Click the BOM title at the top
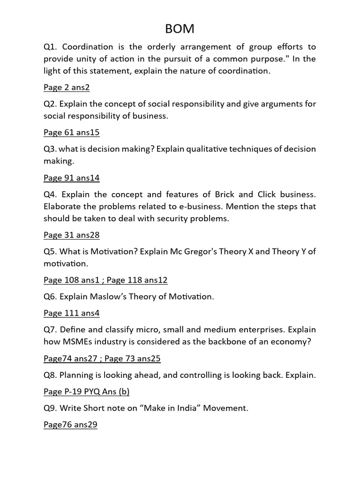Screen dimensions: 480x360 pyautogui.click(x=180, y=29)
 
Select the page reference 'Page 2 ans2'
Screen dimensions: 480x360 pyautogui.click(x=67, y=87)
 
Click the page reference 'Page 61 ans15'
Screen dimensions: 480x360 pyautogui.click(x=72, y=133)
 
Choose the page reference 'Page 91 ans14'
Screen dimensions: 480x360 pyautogui.click(x=72, y=178)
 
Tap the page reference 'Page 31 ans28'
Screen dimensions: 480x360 pyautogui.click(x=72, y=235)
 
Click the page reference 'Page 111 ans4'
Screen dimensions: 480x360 pyautogui.click(x=72, y=313)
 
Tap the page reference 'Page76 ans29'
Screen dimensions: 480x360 pyautogui.click(x=70, y=425)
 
